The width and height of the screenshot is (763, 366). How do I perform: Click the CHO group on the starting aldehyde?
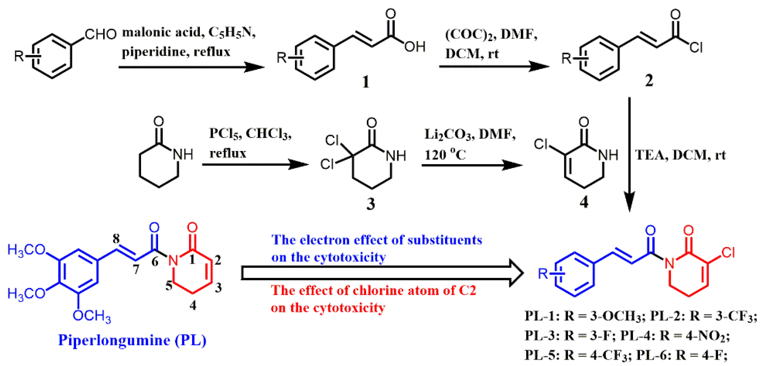tap(100, 34)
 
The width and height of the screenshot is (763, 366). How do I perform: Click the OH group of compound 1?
tap(415, 47)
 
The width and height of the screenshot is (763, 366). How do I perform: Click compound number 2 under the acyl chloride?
tap(649, 81)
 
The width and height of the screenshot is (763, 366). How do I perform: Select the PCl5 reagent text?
tap(225, 134)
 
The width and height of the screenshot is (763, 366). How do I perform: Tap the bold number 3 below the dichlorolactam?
tap(371, 204)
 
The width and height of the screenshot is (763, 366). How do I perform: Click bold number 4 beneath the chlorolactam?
tap(584, 202)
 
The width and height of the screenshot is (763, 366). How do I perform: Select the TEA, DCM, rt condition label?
tap(680, 155)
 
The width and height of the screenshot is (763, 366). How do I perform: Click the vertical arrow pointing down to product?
tap(629, 154)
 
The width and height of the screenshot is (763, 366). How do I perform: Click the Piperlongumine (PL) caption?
tap(132, 340)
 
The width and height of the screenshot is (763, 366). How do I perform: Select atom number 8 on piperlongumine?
tap(116, 239)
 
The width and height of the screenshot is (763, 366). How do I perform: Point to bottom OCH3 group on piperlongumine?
tap(91, 316)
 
